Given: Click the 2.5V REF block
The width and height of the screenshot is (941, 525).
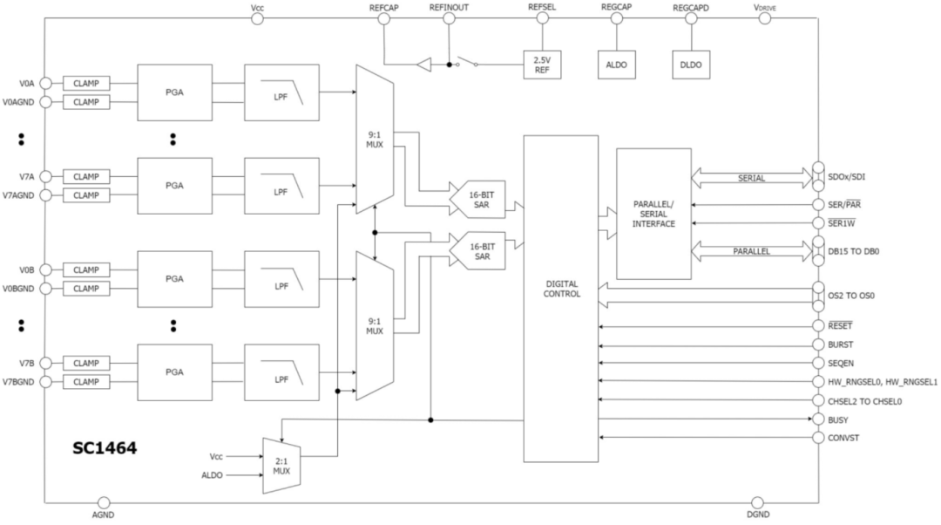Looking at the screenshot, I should point(542,65).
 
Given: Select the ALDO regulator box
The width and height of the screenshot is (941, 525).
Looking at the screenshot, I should point(616,65).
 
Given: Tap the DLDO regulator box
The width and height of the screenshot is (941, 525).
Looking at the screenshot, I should point(690,65).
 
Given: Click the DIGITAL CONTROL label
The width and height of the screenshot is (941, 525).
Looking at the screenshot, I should point(560,289).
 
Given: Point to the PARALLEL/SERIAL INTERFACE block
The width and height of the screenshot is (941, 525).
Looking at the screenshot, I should point(653,215).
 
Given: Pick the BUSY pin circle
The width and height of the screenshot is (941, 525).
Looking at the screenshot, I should point(818,419).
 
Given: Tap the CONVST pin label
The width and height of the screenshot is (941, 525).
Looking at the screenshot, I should point(844,437).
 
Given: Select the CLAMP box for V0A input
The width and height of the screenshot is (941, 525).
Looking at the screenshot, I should point(86,84).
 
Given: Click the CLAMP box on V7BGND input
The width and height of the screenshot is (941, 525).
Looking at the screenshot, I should point(86,381).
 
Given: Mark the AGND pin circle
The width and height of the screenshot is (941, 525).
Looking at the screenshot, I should point(104,502).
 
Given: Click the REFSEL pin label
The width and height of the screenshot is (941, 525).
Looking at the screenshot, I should point(541,7).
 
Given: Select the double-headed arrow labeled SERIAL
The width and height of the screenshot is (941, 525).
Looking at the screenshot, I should point(751,179).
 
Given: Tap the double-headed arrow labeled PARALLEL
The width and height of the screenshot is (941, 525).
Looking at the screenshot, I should point(751,252).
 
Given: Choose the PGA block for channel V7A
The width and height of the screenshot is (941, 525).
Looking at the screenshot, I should point(174,186).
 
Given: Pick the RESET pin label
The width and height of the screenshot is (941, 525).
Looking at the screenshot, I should point(841,325).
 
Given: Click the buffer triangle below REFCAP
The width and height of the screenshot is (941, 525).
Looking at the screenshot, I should point(423,65).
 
